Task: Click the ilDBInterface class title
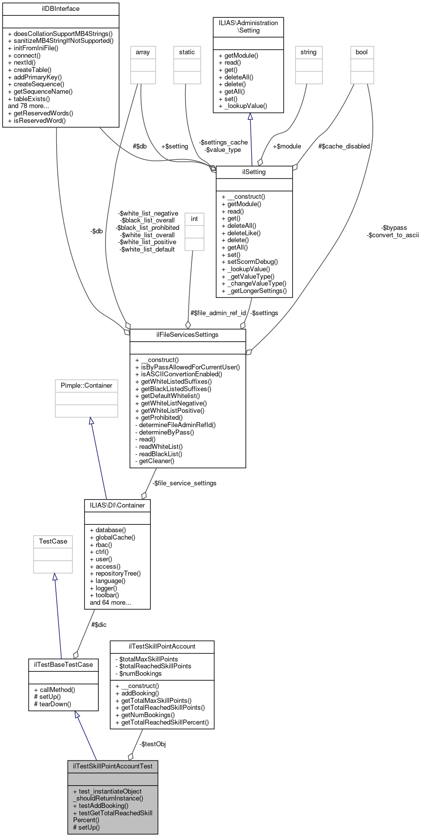(61, 9)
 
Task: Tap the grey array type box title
(143, 52)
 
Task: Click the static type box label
(187, 52)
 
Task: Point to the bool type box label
(362, 52)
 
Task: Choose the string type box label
(308, 52)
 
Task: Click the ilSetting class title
(254, 172)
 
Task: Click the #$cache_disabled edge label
(344, 146)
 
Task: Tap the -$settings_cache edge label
(224, 143)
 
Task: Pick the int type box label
(194, 219)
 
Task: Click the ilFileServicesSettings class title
(187, 335)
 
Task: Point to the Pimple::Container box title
(86, 386)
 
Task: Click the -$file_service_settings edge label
(184, 483)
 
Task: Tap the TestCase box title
(53, 542)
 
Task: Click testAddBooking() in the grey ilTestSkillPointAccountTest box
(100, 805)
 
